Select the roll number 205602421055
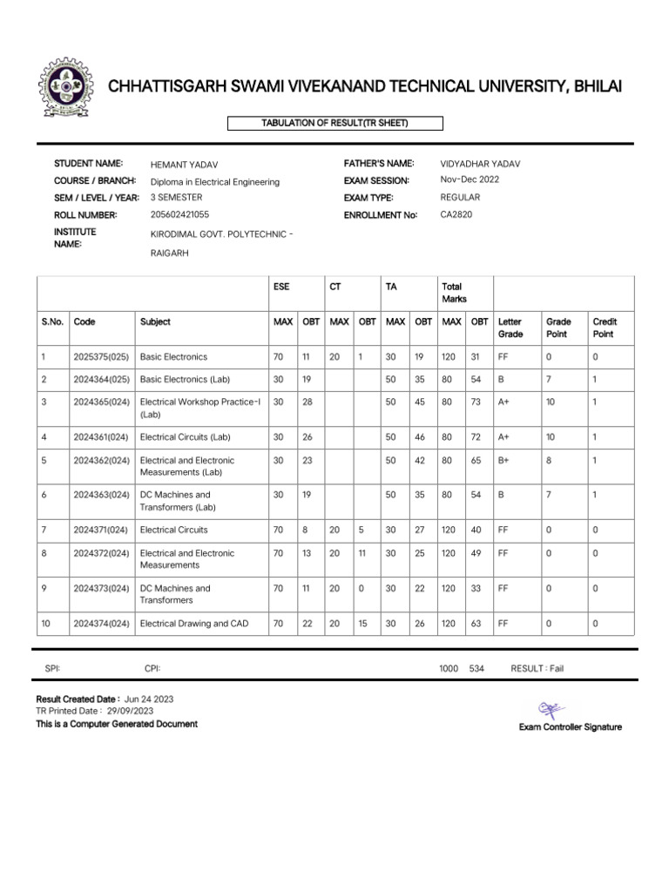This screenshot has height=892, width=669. click(179, 214)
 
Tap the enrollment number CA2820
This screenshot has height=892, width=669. click(456, 214)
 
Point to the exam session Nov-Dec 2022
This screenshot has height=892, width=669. click(470, 180)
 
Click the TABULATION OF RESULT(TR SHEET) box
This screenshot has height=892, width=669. click(334, 124)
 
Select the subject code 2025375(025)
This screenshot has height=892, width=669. click(101, 357)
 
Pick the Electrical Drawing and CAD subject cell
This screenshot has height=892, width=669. click(193, 624)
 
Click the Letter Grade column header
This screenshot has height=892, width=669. click(510, 328)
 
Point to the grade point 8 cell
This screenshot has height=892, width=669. click(549, 461)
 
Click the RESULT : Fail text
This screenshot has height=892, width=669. click(538, 668)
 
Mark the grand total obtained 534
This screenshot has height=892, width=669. click(476, 668)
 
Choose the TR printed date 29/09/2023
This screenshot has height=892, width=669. click(131, 712)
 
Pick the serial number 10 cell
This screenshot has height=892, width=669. click(46, 624)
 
